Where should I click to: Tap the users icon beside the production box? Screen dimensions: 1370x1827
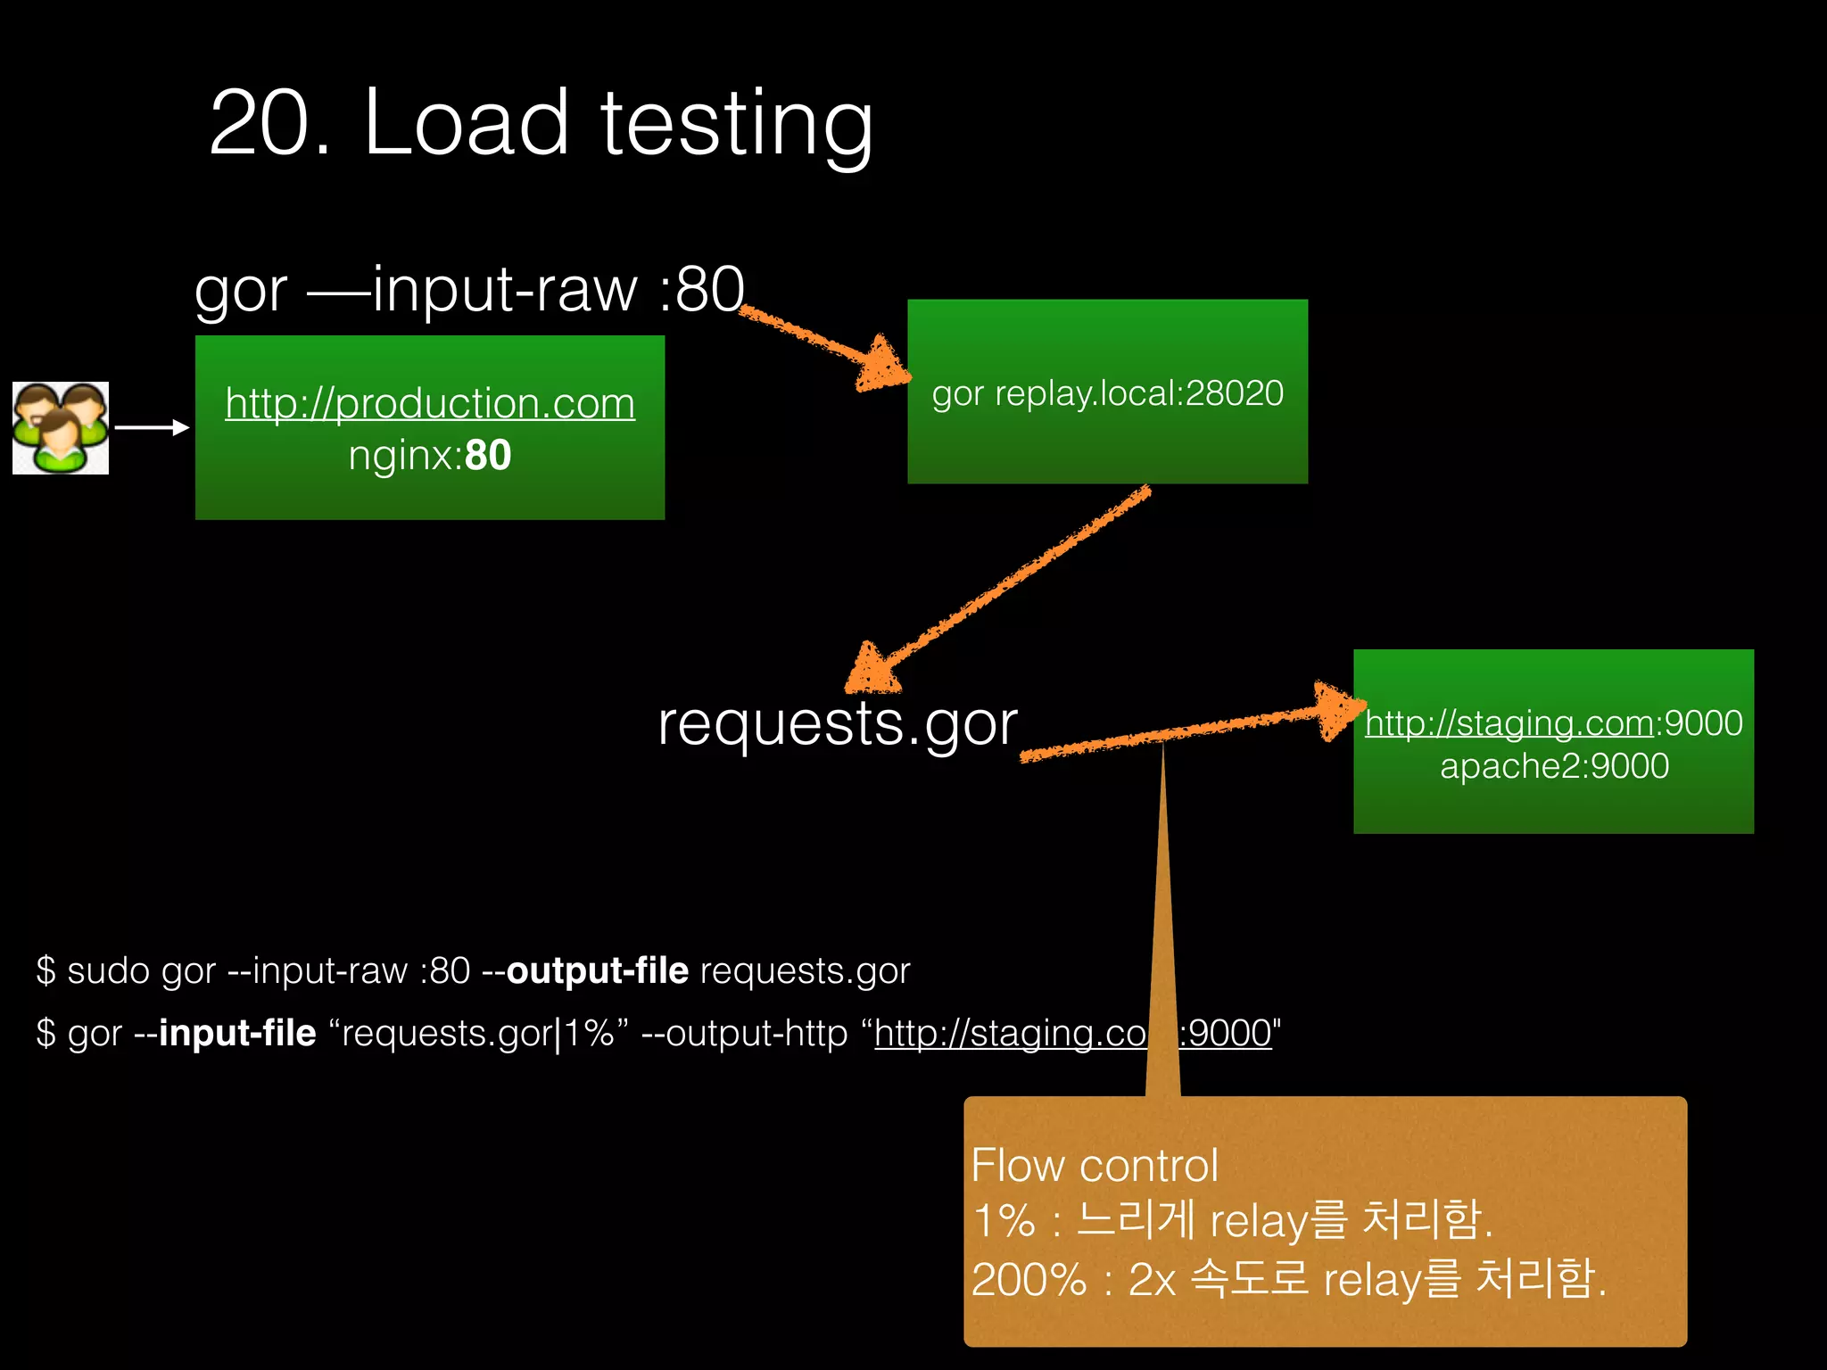pyautogui.click(x=61, y=428)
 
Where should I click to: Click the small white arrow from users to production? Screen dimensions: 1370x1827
pyautogui.click(x=152, y=428)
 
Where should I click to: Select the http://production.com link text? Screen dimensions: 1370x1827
pyautogui.click(x=430, y=403)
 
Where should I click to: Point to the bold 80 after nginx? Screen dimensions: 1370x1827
pyautogui.click(x=488, y=456)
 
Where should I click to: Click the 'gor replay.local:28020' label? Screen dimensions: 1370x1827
pyautogui.click(x=1107, y=393)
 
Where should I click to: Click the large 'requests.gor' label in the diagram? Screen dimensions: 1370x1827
pyautogui.click(x=837, y=722)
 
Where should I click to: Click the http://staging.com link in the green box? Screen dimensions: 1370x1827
pyautogui.click(x=1509, y=722)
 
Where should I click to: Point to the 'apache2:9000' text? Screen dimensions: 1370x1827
pyautogui.click(x=1554, y=766)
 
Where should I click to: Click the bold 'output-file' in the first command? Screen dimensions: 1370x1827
pyautogui.click(x=598, y=970)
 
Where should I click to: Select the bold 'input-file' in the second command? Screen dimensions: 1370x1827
pyautogui.click(x=237, y=1033)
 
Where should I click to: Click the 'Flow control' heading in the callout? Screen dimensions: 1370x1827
pyautogui.click(x=1095, y=1165)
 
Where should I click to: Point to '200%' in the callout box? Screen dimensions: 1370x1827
pyautogui.click(x=1029, y=1280)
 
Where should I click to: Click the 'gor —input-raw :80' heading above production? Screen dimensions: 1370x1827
pyautogui.click(x=469, y=289)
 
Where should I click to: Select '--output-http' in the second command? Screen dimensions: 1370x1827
pyautogui.click(x=744, y=1033)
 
